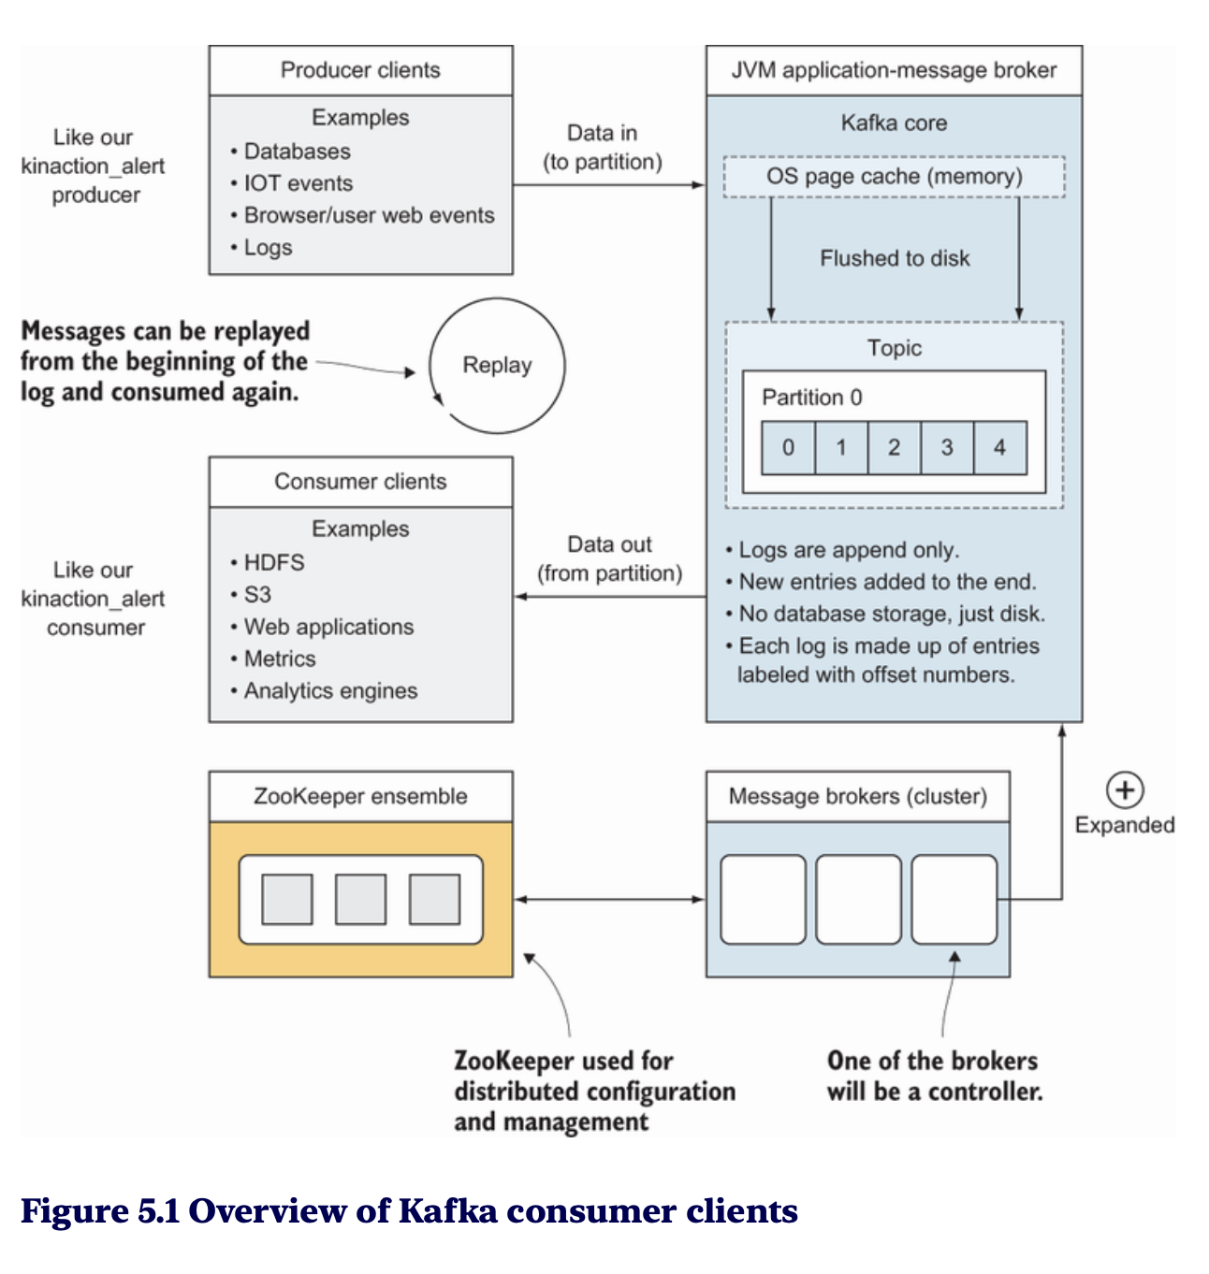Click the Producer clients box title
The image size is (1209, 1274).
pos(360,70)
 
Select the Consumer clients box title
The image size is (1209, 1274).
pos(360,482)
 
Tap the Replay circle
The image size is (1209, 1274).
pos(497,365)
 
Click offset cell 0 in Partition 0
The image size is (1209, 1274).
pos(788,448)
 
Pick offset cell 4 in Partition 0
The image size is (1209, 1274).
pos(999,448)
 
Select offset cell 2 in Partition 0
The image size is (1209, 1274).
pos(894,448)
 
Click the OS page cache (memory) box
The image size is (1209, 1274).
pos(894,177)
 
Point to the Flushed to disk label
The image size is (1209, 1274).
pos(895,258)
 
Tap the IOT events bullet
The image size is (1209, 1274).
pos(298,183)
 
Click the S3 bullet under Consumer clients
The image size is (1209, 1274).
pos(256,595)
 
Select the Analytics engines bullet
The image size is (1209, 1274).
pos(330,691)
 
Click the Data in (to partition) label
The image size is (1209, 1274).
pos(603,148)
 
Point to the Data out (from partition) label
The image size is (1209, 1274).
pos(609,559)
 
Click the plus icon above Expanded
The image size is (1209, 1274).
pos(1124,790)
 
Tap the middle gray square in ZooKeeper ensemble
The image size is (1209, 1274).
pos(360,899)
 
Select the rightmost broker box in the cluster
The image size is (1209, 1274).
pos(954,899)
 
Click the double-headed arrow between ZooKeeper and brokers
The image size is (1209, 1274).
pos(609,899)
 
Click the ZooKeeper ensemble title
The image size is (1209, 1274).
pos(360,797)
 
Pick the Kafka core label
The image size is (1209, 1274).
pos(894,123)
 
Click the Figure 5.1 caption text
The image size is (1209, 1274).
pos(409,1211)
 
